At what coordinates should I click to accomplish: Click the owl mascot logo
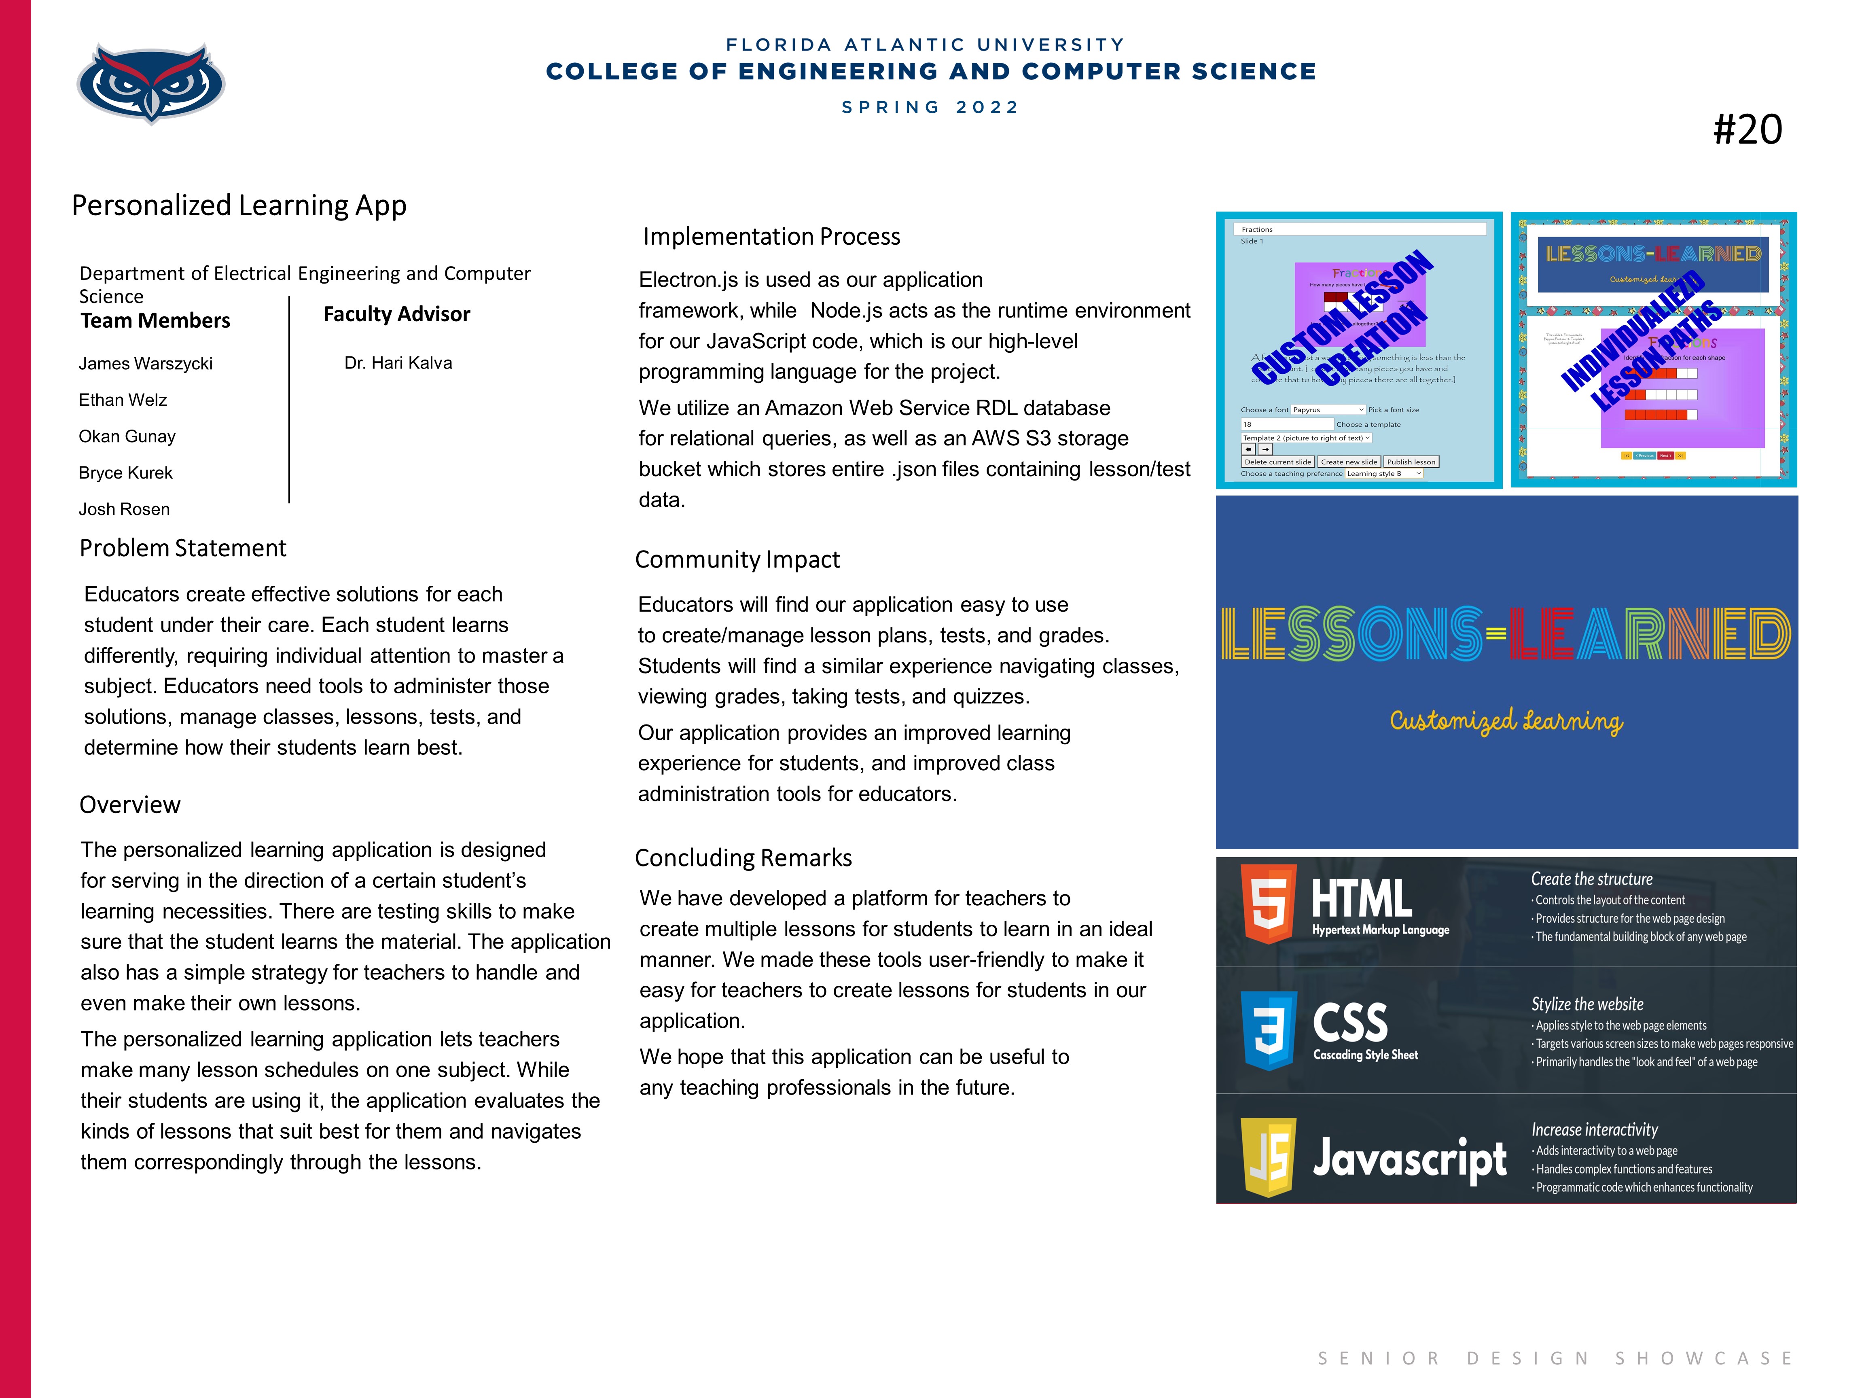151,83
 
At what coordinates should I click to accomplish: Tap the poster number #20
1747,130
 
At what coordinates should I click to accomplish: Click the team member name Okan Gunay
127,436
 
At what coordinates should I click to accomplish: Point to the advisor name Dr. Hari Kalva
398,363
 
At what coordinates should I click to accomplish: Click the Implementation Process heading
771,237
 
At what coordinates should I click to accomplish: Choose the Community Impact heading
737,559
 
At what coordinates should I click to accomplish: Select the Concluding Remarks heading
743,858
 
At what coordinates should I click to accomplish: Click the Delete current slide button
1277,462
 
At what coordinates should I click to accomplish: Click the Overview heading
130,805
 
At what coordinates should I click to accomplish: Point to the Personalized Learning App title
239,205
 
